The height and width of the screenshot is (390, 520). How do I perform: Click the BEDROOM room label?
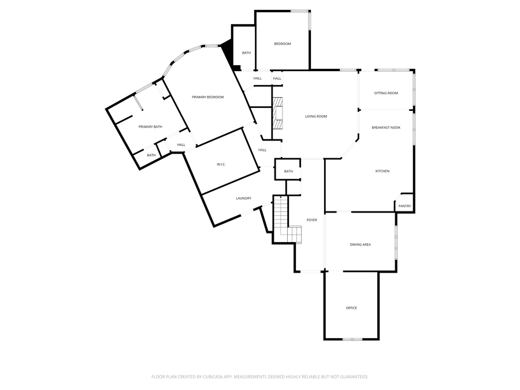(x=282, y=44)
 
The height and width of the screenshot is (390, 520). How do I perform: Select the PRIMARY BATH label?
(x=150, y=127)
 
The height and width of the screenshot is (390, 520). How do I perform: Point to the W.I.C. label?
(x=221, y=165)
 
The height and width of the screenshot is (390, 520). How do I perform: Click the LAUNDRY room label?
(x=243, y=198)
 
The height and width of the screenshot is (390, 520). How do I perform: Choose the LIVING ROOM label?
(x=316, y=117)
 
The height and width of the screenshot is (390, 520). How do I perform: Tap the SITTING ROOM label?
(x=386, y=93)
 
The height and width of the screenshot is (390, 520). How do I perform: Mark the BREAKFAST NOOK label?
(x=386, y=127)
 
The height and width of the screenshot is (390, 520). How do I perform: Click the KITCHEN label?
(x=382, y=171)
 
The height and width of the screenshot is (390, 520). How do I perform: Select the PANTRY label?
(x=404, y=206)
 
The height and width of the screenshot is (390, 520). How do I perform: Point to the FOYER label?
(x=311, y=220)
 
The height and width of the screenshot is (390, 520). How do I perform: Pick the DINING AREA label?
(x=360, y=244)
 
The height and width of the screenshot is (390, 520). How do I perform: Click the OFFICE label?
(x=351, y=308)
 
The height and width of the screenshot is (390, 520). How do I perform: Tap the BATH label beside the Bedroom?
(x=246, y=53)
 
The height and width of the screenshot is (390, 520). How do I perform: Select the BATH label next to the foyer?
(x=288, y=171)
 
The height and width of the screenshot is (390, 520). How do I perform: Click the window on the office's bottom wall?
(x=352, y=339)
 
